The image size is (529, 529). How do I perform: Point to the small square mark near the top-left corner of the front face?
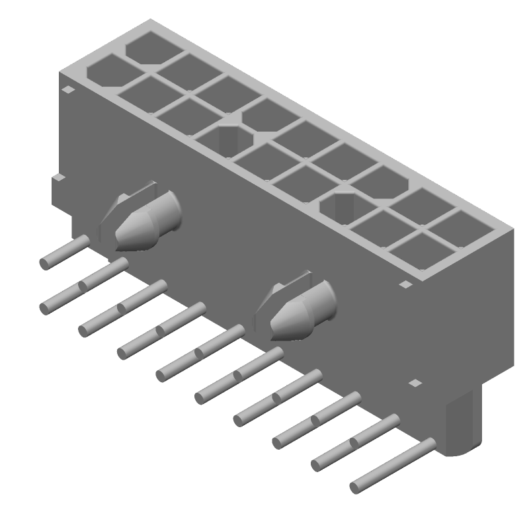(67, 90)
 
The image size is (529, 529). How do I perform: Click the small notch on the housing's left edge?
(59, 178)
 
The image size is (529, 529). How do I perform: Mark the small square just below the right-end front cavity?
(405, 284)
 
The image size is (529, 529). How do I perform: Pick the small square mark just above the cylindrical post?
(415, 383)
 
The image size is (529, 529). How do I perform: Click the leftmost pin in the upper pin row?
(65, 253)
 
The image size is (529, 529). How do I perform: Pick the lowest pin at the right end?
(393, 467)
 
